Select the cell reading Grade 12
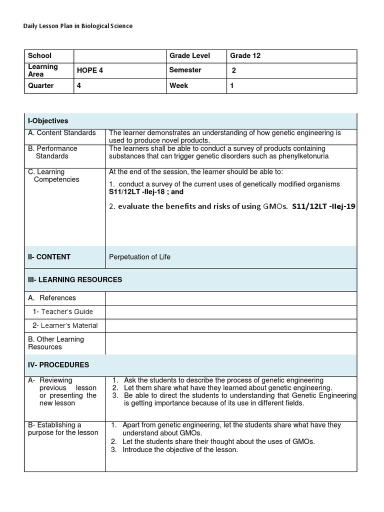click(245, 56)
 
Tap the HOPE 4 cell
click(90, 70)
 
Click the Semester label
click(185, 70)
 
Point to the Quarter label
click(41, 85)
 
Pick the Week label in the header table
click(178, 85)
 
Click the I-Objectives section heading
click(48, 121)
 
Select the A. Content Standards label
click(62, 133)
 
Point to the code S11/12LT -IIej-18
click(134, 191)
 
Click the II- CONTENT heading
click(49, 257)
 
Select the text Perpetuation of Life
click(139, 257)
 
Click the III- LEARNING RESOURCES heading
click(75, 279)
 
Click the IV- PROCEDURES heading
click(58, 365)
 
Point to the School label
click(39, 56)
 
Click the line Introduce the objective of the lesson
click(180, 449)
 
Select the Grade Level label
click(189, 56)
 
